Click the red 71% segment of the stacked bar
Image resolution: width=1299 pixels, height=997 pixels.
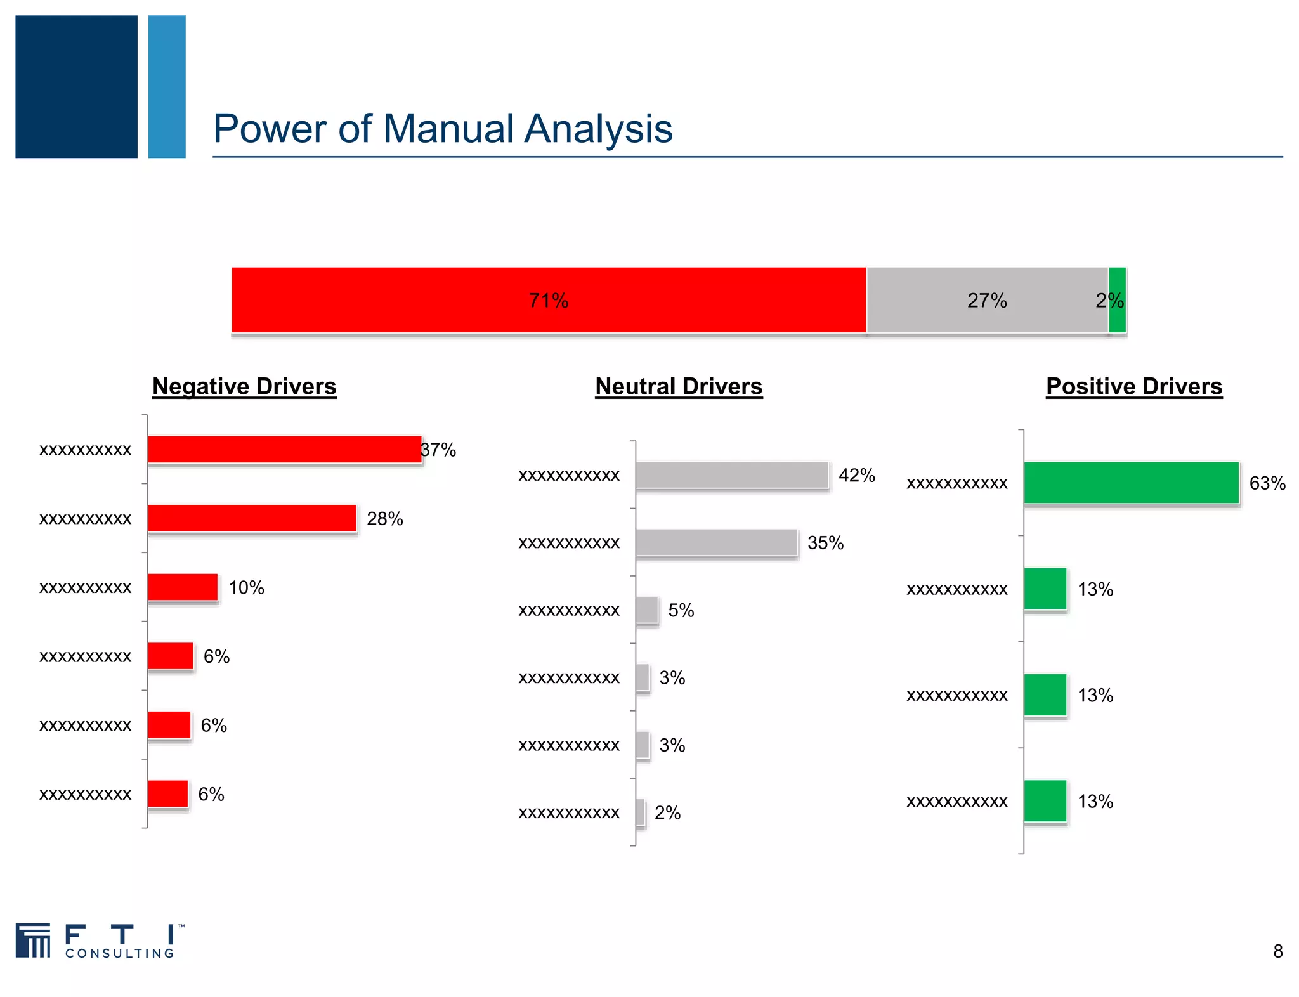549,300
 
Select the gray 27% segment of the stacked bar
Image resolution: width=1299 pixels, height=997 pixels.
987,300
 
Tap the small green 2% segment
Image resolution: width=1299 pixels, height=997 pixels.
1118,300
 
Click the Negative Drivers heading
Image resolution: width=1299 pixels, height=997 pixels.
244,386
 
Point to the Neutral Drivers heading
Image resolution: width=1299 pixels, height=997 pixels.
679,386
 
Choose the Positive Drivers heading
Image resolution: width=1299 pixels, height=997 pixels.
1134,386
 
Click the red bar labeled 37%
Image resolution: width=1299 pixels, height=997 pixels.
284,450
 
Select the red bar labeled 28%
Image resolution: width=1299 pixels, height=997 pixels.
252,519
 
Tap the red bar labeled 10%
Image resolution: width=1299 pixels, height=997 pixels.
183,587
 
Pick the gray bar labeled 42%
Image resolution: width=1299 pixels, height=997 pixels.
732,475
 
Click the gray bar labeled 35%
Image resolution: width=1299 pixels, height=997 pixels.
716,543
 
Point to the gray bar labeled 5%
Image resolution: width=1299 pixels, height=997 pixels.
647,610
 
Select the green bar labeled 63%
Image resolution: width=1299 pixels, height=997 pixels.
1131,483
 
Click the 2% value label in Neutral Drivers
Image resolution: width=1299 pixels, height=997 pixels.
667,812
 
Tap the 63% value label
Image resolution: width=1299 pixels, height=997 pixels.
1267,483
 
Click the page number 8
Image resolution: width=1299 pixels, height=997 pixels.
1277,951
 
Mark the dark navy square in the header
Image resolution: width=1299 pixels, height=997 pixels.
76,87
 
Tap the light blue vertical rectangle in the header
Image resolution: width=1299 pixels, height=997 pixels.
167,87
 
